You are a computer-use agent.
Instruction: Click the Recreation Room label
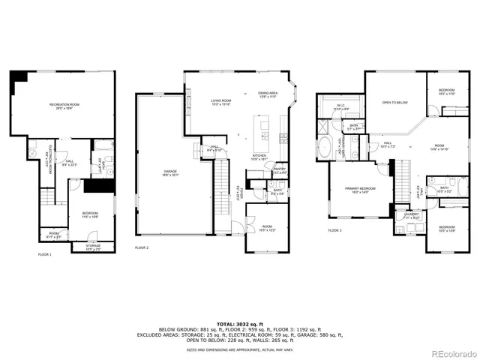(64, 105)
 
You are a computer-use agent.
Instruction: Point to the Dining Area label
(268, 94)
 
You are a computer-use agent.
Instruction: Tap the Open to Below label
(394, 102)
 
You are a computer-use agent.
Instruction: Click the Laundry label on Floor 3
(411, 215)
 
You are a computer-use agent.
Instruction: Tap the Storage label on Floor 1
(93, 247)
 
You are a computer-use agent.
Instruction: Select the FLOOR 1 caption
(45, 255)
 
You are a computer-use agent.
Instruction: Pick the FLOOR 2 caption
(142, 247)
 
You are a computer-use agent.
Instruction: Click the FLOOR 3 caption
(334, 231)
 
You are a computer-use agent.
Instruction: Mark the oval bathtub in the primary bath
(326, 146)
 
